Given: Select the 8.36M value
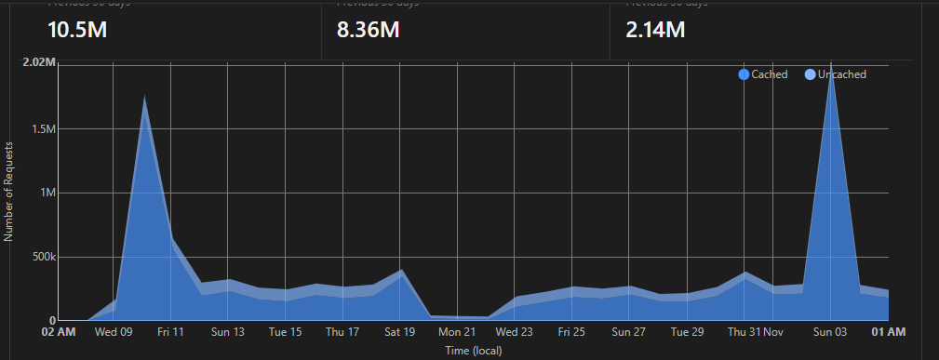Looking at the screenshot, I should tap(369, 30).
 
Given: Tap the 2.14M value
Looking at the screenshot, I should tap(655, 30).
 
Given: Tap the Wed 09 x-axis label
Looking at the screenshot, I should tap(113, 331).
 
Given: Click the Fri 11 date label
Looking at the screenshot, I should tap(170, 331).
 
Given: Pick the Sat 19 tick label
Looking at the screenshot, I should tap(399, 331).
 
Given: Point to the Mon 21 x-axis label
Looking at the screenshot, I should tap(457, 331).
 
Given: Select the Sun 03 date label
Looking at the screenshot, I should tap(829, 331).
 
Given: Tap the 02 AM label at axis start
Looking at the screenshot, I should tap(59, 331).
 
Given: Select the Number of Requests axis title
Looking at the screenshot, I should tap(8, 192).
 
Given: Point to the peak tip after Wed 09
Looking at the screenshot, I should tap(144, 96).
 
